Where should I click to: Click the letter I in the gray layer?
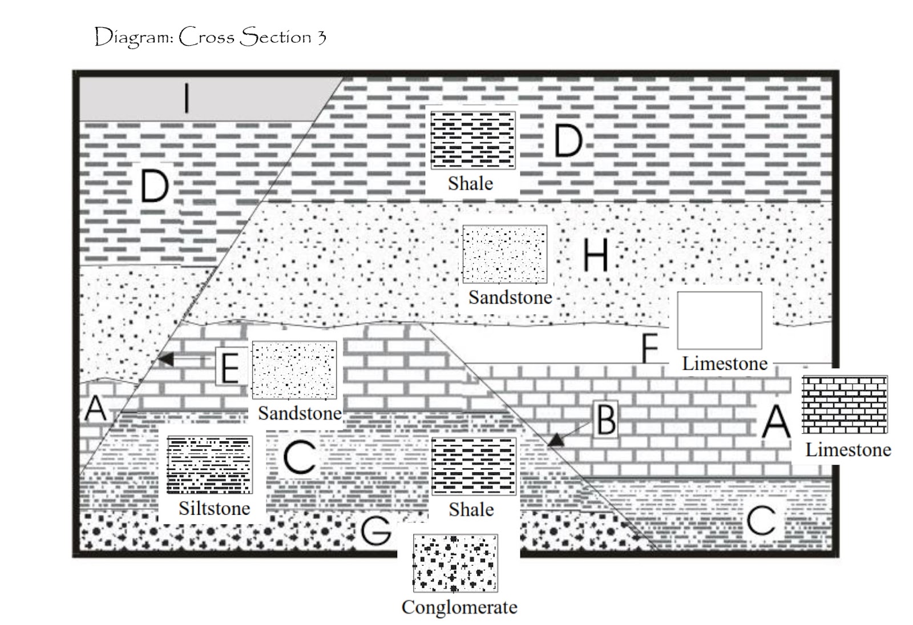coord(187,98)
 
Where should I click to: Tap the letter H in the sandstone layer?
coord(596,255)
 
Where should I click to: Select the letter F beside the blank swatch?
coord(650,348)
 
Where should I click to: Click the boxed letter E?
coord(231,367)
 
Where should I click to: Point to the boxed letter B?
coord(605,420)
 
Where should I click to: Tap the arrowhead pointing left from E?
coord(165,359)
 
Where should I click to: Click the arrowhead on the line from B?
coord(556,440)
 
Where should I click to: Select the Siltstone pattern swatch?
coord(209,465)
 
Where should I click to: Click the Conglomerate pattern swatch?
coord(455,563)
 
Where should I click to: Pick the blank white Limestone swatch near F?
coord(720,320)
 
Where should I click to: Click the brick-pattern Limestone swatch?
coord(845,405)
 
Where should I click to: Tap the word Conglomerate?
coord(459,607)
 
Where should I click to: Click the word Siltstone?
coord(215,509)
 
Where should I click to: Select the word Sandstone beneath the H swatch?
coord(510,297)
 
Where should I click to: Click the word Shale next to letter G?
coord(471,510)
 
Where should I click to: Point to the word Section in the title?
coord(274,37)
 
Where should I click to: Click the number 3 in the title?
coord(321,38)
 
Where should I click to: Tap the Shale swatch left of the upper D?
coord(473,140)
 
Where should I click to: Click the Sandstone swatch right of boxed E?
coord(294,370)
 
